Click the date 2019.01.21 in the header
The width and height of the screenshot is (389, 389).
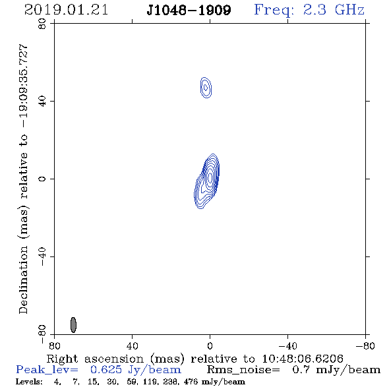click(x=66, y=10)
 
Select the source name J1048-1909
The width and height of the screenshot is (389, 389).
click(x=189, y=11)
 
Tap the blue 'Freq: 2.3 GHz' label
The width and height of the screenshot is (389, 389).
click(x=309, y=11)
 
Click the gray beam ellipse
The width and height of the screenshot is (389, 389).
click(x=73, y=325)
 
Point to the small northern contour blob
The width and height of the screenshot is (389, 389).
click(x=206, y=88)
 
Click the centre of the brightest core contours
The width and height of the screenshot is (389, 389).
click(x=210, y=177)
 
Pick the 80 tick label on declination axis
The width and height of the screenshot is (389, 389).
click(x=42, y=24)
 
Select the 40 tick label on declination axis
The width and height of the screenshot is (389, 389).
click(x=42, y=102)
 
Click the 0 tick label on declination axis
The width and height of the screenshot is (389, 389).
click(x=42, y=179)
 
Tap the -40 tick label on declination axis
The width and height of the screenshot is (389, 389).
click(x=42, y=256)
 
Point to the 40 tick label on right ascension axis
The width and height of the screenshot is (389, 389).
click(x=132, y=345)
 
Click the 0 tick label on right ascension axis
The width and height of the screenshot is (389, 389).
click(x=210, y=345)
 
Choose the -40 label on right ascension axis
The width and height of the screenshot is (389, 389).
click(x=287, y=345)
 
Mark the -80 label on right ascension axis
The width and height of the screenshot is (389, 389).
click(x=365, y=345)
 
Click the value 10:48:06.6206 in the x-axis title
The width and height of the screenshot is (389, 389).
click(x=303, y=359)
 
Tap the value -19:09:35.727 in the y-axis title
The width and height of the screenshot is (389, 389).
click(x=24, y=86)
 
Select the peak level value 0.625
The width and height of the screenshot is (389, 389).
click(x=106, y=370)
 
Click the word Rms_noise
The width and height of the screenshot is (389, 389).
click(x=243, y=370)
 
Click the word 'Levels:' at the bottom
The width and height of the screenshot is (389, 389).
click(x=29, y=381)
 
